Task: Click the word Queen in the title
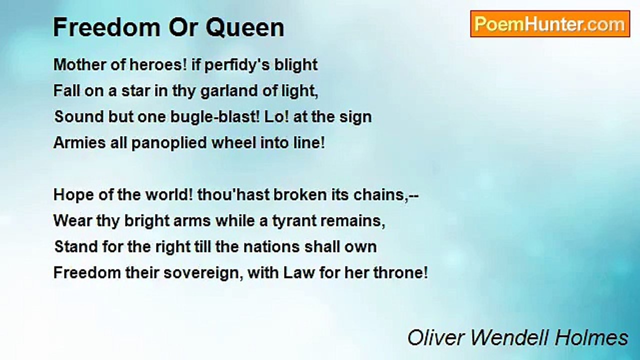(245, 27)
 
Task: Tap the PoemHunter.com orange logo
(550, 24)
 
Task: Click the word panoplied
(169, 143)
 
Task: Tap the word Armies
(79, 142)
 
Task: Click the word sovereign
(203, 273)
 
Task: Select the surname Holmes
(591, 338)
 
